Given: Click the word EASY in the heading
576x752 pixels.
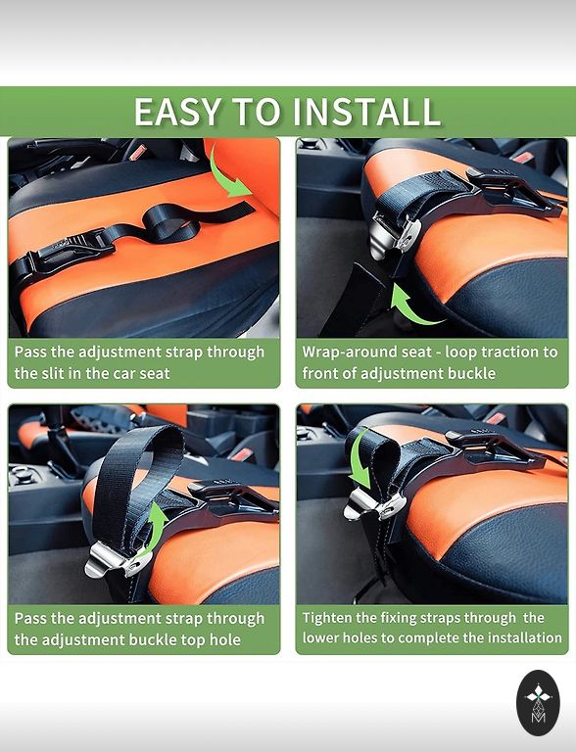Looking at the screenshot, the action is pos(178,112).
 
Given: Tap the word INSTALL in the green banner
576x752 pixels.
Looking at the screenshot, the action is pos(366,112).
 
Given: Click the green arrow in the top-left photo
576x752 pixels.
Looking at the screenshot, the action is pos(229,175).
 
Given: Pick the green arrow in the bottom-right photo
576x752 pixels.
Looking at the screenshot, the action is pos(360,458).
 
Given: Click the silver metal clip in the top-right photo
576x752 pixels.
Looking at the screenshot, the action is pos(392,236).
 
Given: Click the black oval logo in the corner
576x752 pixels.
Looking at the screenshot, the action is pos(538,703).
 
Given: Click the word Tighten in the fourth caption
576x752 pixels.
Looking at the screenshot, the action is pos(327,618).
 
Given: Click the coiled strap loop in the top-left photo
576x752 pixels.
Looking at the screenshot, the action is pos(171,223).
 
